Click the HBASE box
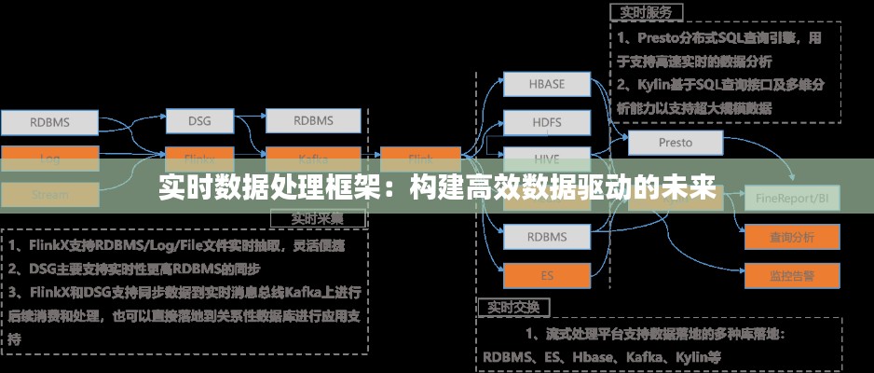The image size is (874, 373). click(547, 84)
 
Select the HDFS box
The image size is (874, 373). click(547, 122)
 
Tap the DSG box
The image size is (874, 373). click(199, 121)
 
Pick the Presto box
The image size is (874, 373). click(676, 143)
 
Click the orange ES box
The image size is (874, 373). click(547, 275)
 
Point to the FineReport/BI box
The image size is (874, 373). click(792, 199)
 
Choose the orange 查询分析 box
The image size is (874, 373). click(791, 237)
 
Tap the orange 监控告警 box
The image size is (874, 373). click(791, 276)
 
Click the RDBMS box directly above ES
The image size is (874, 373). click(547, 236)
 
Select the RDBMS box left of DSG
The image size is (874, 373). click(49, 122)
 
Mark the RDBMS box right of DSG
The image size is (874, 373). click(313, 121)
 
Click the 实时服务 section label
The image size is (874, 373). click(647, 12)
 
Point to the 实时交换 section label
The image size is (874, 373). click(513, 306)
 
